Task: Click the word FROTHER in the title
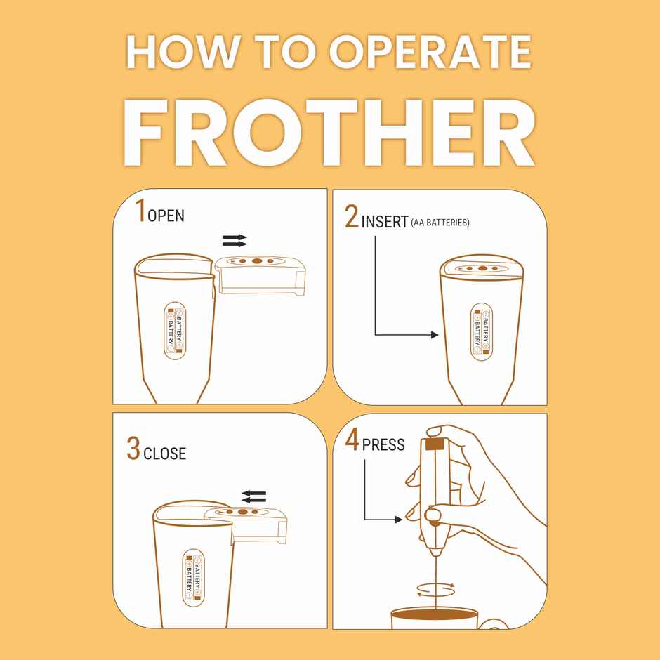[x=329, y=133]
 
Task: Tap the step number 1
[x=140, y=211]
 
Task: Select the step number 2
[x=352, y=218]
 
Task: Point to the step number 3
[x=133, y=449]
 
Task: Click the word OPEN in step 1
[x=166, y=216]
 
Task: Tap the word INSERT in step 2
[x=385, y=222]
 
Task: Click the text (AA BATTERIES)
[x=440, y=223]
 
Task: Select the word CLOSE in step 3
[x=165, y=454]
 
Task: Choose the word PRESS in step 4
[x=383, y=444]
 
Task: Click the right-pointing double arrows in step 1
[x=235, y=241]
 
